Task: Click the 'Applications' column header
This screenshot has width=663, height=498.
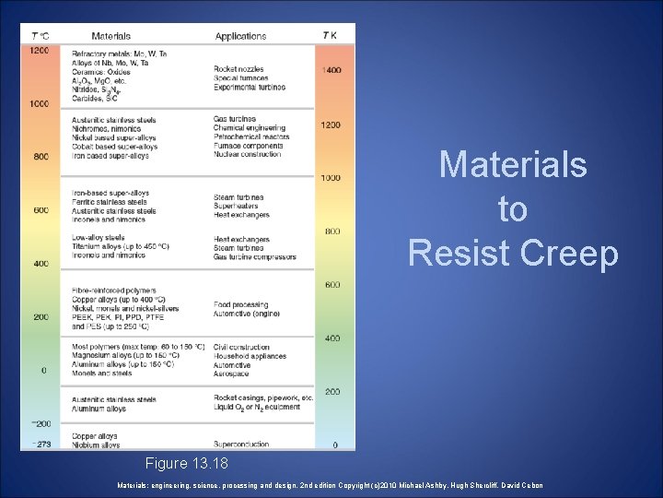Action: [x=240, y=36]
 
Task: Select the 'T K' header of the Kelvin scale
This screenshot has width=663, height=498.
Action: [x=330, y=36]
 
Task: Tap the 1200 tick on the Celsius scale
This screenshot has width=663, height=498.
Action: [x=40, y=51]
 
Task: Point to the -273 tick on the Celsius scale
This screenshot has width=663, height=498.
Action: [x=39, y=445]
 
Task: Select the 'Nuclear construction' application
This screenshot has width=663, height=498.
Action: [x=248, y=155]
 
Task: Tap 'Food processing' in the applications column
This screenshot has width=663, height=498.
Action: [x=242, y=304]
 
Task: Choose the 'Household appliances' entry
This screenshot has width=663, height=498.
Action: [x=250, y=356]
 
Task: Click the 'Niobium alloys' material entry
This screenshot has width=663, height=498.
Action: [x=96, y=445]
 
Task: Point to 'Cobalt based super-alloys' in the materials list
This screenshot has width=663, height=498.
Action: [x=114, y=146]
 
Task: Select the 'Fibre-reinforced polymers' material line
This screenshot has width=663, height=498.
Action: [x=114, y=290]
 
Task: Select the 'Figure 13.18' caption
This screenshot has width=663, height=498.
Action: [x=187, y=461]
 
